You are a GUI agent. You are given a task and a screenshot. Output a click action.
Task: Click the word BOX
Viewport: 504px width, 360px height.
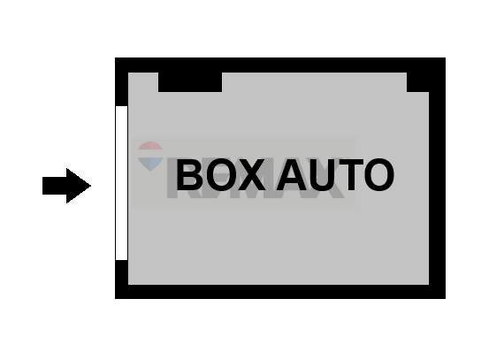(219, 175)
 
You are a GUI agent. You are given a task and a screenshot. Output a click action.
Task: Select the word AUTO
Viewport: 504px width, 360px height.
(334, 175)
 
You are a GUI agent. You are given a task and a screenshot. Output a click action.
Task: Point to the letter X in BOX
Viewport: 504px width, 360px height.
(250, 175)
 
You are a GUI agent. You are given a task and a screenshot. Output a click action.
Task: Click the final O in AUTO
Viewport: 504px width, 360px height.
(378, 175)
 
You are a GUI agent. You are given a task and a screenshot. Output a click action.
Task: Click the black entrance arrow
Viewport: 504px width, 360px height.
(66, 186)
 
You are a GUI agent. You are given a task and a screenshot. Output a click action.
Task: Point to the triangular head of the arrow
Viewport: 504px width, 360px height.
(80, 186)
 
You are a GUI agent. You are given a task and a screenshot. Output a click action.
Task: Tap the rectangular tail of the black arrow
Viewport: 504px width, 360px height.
(55, 186)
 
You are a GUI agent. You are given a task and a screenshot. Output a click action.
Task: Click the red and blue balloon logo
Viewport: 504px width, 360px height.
(151, 156)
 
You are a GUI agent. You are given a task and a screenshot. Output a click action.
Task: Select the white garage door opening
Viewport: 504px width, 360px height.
(121, 183)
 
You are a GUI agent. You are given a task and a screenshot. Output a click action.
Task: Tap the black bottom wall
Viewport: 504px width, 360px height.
(279, 291)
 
